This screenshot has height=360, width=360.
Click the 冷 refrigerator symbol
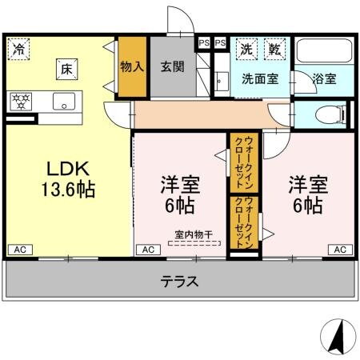tap(18, 48)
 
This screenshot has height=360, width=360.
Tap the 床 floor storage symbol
tap(66, 70)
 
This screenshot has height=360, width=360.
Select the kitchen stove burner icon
tap(20, 101)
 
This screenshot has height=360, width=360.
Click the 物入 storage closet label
tap(132, 68)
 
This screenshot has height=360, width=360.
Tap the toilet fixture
tap(324, 114)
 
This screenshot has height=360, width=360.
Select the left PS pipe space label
tap(204, 42)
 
